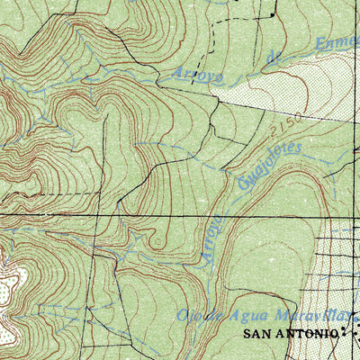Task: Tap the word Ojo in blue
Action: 188,316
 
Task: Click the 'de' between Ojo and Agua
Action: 213,316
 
